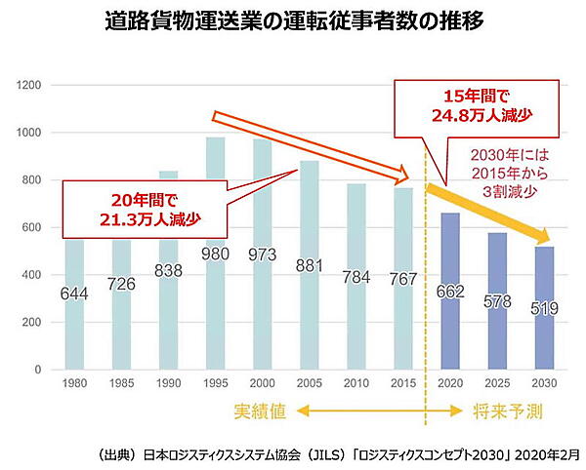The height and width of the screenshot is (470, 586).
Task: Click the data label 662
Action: (x=450, y=292)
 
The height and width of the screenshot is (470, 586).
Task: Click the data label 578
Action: (x=498, y=301)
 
